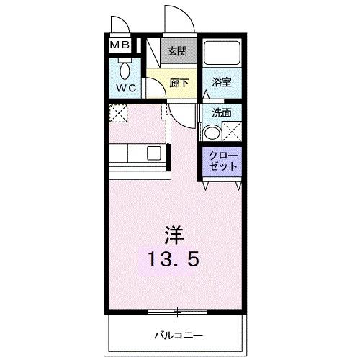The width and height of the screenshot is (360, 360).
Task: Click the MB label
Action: [120, 45]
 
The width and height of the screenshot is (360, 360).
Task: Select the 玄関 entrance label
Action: [178, 51]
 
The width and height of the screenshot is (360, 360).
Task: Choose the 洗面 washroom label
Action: [222, 112]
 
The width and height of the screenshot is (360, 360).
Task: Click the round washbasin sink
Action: [212, 132]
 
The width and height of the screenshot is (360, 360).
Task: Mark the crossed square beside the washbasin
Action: [232, 132]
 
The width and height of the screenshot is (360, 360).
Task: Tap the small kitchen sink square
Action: [154, 153]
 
